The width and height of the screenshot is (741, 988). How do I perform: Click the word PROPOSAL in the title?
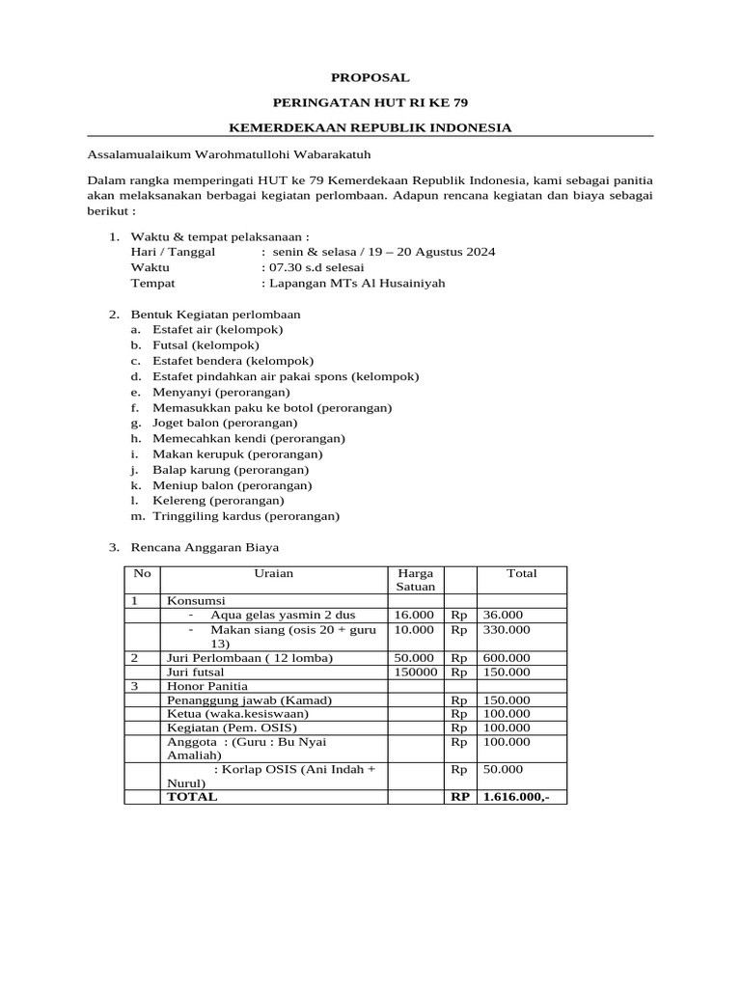click(370, 77)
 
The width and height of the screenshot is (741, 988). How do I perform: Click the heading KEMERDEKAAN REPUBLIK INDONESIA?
click(370, 127)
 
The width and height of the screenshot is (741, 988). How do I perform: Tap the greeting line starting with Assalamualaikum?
click(229, 153)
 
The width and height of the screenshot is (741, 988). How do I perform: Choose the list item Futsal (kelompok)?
click(206, 344)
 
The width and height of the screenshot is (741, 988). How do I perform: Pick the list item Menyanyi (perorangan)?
click(221, 392)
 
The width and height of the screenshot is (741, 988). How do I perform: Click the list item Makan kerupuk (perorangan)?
click(237, 453)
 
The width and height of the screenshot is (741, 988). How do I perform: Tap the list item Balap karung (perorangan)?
click(231, 469)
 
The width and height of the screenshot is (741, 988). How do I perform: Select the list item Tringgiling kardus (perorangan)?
click(246, 516)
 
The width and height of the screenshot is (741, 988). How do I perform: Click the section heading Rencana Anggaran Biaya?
click(205, 548)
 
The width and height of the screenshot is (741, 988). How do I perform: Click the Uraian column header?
click(274, 573)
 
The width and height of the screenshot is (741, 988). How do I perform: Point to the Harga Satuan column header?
click(416, 580)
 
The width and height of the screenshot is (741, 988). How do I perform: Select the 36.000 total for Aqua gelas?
click(503, 615)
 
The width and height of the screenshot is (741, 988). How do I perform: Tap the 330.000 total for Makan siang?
click(507, 629)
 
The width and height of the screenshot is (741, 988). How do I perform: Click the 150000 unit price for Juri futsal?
click(415, 672)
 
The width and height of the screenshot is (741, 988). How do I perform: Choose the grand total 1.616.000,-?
click(515, 797)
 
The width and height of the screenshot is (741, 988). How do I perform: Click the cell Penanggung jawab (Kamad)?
click(233, 700)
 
